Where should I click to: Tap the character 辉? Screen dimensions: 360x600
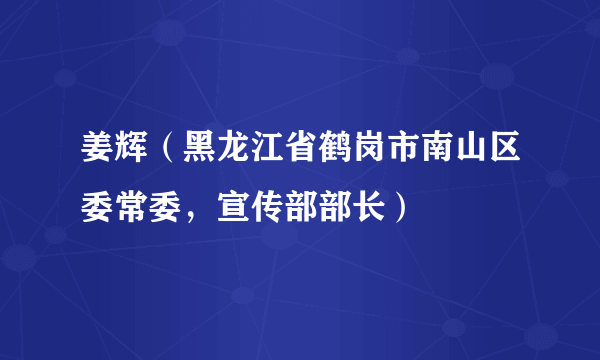[x=132, y=151]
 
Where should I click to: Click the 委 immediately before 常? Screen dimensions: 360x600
[x=96, y=207]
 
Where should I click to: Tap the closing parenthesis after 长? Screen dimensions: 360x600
[x=404, y=207]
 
